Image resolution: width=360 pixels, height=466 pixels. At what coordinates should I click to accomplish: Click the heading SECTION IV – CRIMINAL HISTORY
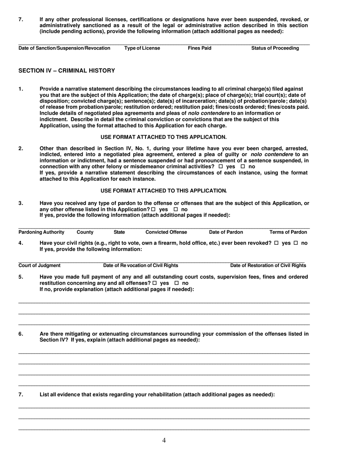coord(67,70)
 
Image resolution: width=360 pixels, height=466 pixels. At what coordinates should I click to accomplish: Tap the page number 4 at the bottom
coord(164,440)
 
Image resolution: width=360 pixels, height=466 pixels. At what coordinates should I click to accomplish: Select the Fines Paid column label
coord(200,48)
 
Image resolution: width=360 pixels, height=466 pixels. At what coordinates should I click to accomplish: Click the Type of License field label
coord(142,48)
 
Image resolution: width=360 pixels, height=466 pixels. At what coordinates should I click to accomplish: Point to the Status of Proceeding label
coord(275,48)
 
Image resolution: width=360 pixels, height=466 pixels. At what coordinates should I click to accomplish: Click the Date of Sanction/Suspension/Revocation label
coord(64,48)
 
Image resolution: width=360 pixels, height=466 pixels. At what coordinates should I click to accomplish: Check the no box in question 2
coord(243,167)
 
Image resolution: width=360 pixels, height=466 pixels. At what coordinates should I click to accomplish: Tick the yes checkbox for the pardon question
coord(153,210)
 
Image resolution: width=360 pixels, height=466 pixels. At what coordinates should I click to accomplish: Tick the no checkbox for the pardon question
coord(176,210)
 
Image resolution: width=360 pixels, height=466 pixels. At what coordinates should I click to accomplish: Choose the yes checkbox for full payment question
coord(154,283)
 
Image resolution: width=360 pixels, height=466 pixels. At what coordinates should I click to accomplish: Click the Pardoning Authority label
coord(41,232)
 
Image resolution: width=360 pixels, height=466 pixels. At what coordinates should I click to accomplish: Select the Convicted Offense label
coord(166,232)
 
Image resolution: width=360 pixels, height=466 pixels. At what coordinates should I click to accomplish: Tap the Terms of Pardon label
coord(288,232)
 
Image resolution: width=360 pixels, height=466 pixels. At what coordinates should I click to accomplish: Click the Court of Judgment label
coord(39,265)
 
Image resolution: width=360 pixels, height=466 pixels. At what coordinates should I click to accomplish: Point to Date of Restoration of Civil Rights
coord(268,265)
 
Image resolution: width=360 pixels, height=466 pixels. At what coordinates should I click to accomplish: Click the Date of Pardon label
coord(226,232)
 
